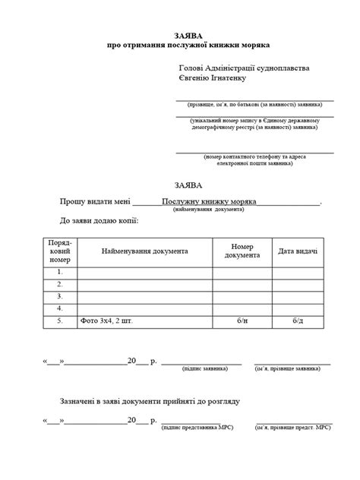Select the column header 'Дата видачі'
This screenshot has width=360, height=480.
(298, 251)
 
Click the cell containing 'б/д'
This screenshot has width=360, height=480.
(298, 321)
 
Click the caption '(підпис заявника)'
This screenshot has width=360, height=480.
(204, 368)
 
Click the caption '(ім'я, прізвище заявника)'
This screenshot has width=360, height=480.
(289, 368)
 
